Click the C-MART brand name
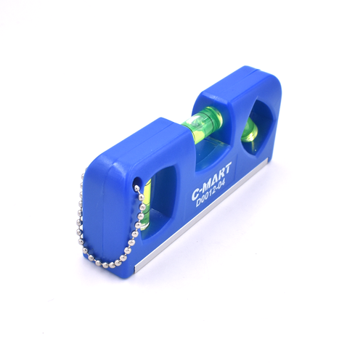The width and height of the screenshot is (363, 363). [212, 180]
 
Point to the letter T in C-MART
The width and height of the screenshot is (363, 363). [228, 167]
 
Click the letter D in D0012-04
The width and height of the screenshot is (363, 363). [199, 203]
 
